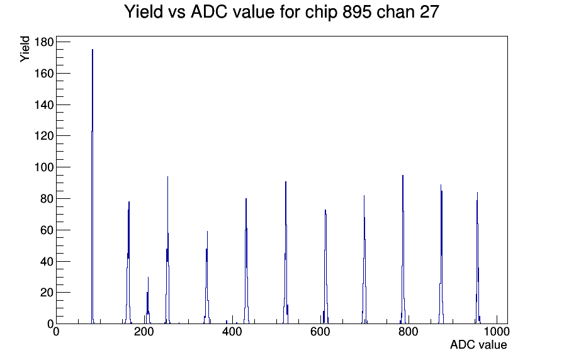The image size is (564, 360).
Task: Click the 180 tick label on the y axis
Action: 43,42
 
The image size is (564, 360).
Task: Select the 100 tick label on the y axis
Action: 43,167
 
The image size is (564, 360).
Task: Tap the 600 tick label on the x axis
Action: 320,332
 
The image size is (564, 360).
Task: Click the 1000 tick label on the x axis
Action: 496,332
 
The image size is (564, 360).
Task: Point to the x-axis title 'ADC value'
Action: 478,345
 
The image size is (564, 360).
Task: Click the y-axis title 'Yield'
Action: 25,49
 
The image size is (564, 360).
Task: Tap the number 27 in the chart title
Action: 429,11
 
